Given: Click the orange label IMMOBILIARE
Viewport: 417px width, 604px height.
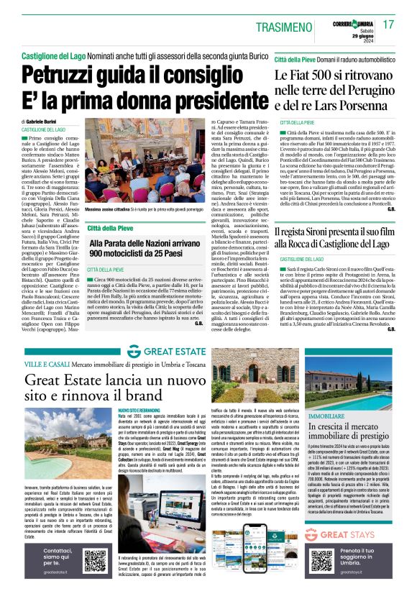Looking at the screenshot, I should pos(324,416).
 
